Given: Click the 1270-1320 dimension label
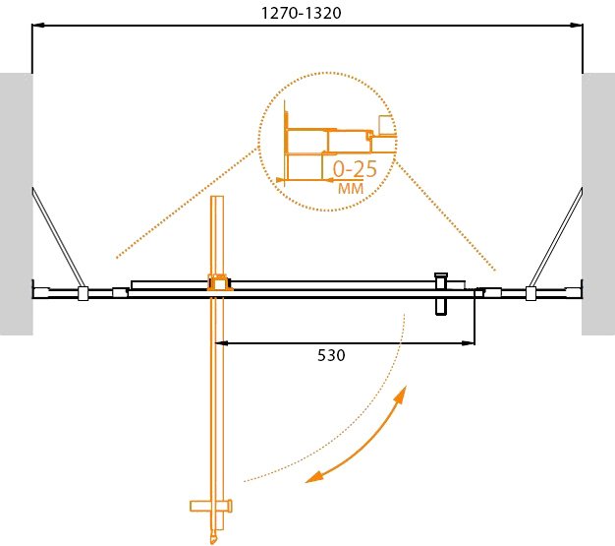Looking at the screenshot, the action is [301, 13].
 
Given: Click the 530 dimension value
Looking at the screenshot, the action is [331, 355].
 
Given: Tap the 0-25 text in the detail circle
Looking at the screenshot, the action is [355, 169].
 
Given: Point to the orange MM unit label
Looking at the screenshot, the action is [351, 189].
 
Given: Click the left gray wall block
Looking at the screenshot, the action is [16, 204].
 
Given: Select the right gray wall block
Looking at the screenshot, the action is [598, 204].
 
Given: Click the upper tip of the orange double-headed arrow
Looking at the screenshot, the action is [406, 387].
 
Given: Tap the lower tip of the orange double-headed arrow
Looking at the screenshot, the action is [306, 481].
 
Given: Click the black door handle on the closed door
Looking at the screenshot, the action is [441, 294].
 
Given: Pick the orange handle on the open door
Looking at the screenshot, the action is [211, 506].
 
